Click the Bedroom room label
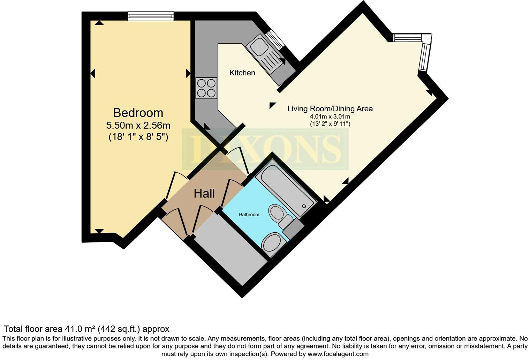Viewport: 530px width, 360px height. click(x=138, y=113)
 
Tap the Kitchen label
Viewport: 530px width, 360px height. click(x=242, y=73)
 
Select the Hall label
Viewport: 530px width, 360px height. click(x=204, y=193)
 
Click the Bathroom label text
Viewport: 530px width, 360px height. click(x=249, y=215)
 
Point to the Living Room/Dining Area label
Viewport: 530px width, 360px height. click(x=330, y=108)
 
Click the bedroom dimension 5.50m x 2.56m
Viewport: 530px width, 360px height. click(x=138, y=125)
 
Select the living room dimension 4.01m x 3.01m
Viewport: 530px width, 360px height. click(x=330, y=117)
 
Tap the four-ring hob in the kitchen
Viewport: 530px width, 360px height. click(x=206, y=88)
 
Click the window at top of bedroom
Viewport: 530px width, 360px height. click(x=151, y=16)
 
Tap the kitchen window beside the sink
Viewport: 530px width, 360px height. click(x=275, y=39)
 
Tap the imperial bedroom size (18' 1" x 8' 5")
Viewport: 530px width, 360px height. click(x=138, y=137)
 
